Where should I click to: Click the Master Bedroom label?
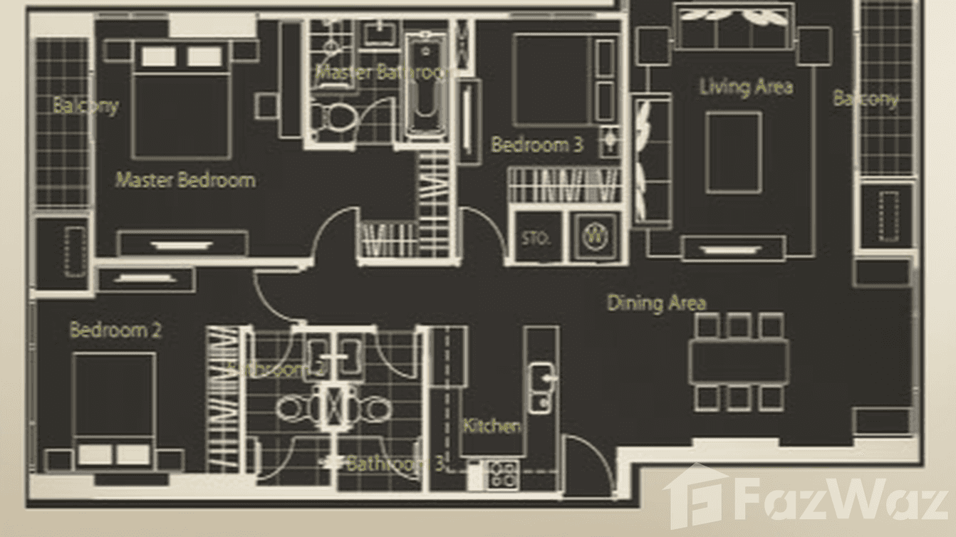click(185, 179)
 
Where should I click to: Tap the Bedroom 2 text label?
click(115, 330)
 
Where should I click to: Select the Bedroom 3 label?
click(536, 145)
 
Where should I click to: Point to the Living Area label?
click(745, 87)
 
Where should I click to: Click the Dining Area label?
click(656, 303)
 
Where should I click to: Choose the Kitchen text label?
click(492, 426)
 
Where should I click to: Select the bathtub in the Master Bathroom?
click(425, 85)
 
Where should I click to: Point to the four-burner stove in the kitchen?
click(502, 474)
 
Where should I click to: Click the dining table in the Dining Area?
click(738, 362)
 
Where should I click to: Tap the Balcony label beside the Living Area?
click(866, 98)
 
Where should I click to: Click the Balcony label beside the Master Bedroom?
click(85, 105)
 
